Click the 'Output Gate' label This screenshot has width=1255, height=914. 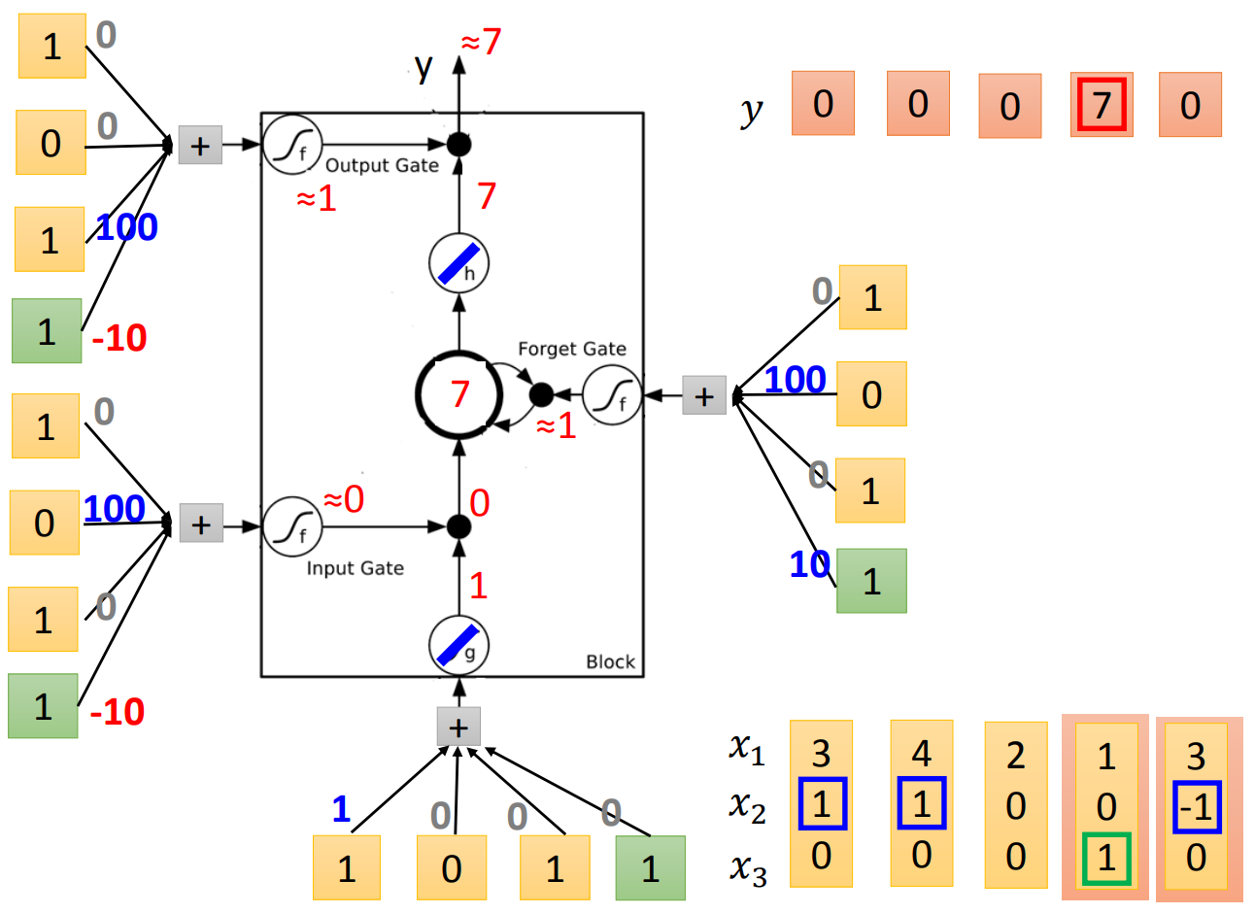(x=382, y=165)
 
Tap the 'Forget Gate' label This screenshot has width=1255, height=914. (x=571, y=349)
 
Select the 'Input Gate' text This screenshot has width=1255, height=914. (x=355, y=568)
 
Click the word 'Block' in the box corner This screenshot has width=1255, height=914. (x=610, y=661)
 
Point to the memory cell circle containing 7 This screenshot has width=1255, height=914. (x=458, y=394)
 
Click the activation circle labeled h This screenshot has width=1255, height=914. (x=458, y=263)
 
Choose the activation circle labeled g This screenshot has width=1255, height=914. (x=458, y=645)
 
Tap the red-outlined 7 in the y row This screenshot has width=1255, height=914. (x=1102, y=104)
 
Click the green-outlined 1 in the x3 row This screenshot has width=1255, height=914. (x=1106, y=859)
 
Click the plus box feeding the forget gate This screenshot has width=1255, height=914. (x=704, y=395)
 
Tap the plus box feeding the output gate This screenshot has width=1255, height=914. (x=200, y=146)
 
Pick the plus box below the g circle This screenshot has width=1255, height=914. (x=458, y=727)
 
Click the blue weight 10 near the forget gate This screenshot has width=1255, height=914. (x=809, y=564)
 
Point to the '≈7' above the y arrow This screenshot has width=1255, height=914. (x=481, y=42)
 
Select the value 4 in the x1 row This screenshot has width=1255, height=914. (x=921, y=754)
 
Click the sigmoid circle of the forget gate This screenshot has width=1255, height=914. (x=613, y=395)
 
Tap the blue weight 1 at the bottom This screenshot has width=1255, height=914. (x=341, y=809)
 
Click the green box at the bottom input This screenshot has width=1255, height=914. (x=650, y=868)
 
